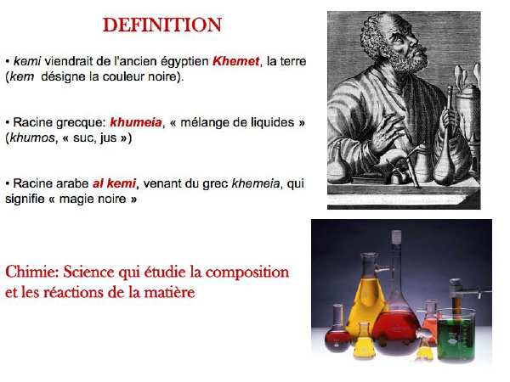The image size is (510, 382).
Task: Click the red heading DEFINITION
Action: click(162, 25)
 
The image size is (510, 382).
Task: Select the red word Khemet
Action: click(235, 61)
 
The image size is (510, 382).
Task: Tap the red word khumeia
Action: click(136, 122)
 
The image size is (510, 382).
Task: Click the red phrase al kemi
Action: click(114, 183)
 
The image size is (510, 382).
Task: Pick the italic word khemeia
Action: click(255, 183)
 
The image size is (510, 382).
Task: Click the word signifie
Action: click(25, 199)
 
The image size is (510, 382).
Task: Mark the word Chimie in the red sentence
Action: click(32, 272)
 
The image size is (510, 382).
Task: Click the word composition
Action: click(247, 272)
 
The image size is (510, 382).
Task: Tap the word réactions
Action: click(74, 292)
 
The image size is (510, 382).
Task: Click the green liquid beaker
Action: click(457, 334)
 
